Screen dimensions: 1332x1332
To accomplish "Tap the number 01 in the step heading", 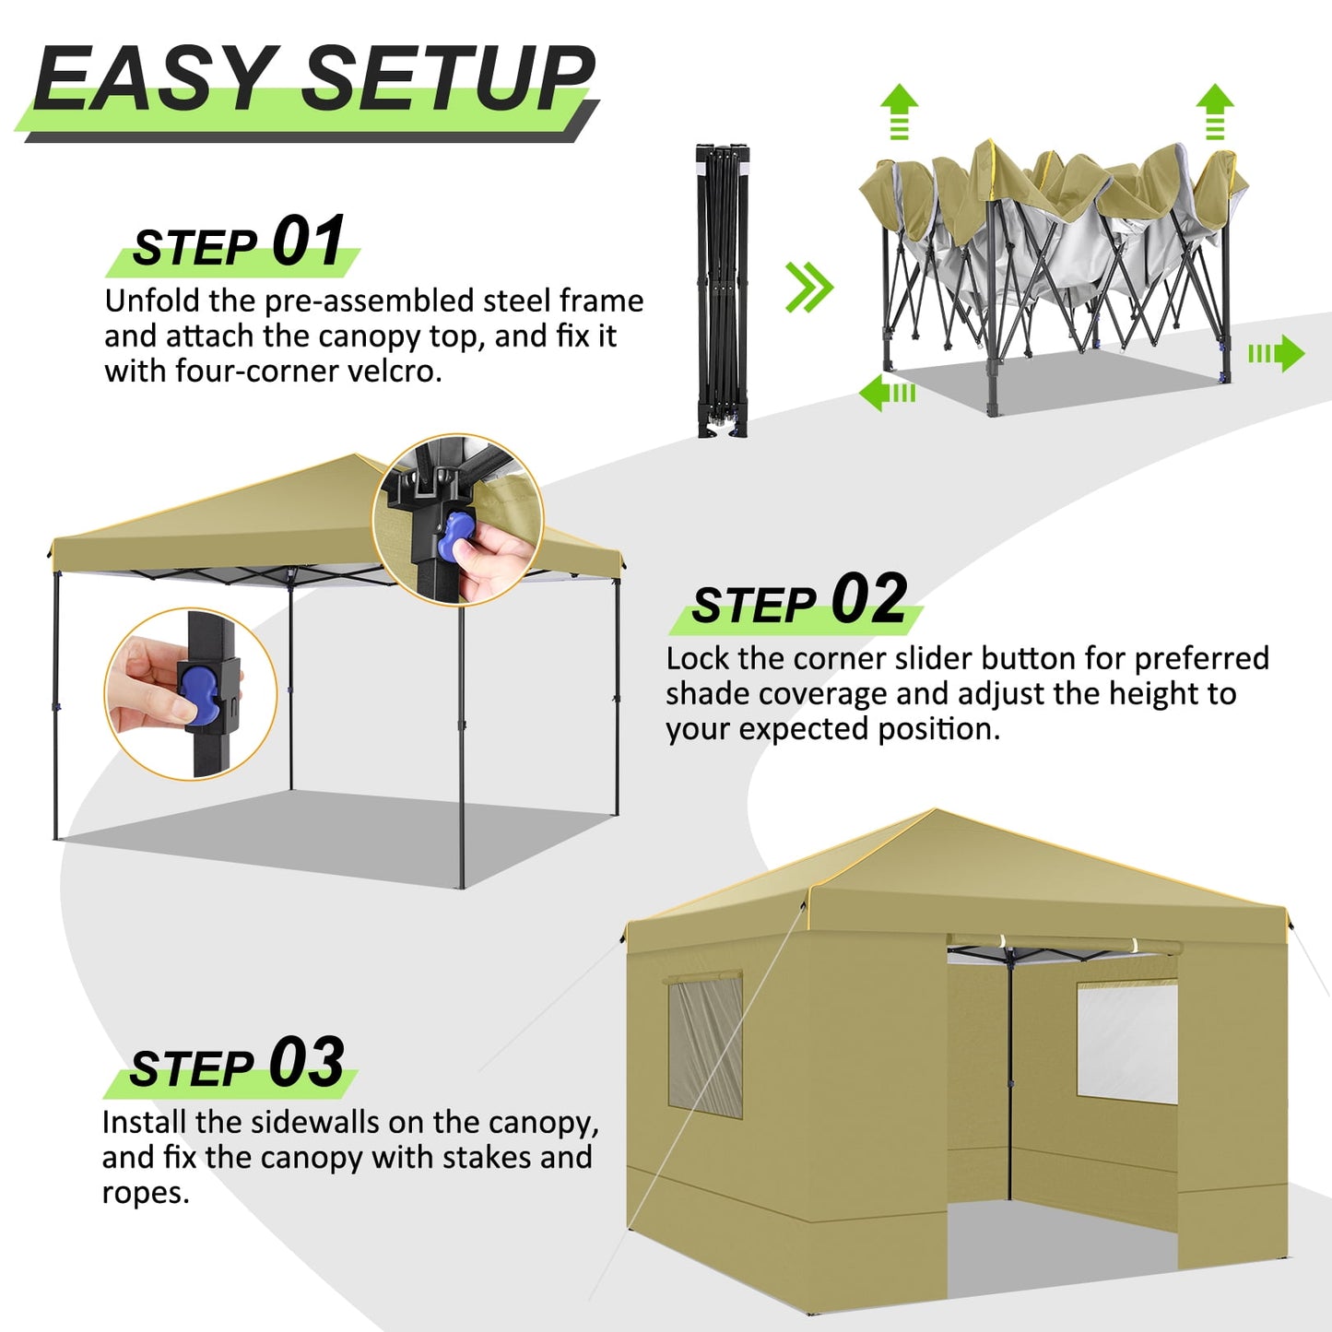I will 308,242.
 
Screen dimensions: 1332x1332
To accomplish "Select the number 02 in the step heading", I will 868,599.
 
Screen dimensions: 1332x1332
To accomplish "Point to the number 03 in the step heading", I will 306,1062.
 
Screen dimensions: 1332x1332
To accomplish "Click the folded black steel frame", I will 722,289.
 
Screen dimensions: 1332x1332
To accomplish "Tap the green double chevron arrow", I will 808,287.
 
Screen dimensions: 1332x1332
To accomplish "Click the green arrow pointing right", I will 1278,354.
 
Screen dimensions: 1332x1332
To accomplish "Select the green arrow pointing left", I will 886,393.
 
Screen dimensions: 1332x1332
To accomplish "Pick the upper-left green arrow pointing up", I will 899,111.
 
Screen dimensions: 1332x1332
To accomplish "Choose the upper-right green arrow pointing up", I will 1215,111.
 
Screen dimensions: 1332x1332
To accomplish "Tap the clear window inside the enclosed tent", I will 1126,1042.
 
